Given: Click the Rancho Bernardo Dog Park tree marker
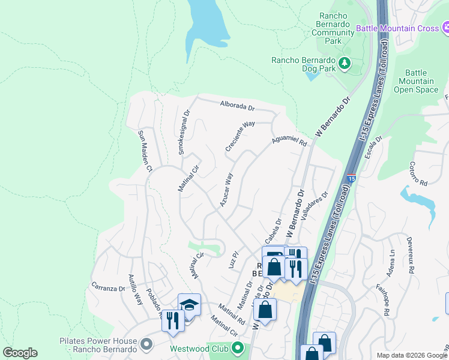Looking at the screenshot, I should (x=345, y=62).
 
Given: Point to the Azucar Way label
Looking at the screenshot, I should (x=226, y=190).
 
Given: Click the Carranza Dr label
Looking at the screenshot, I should (x=107, y=287).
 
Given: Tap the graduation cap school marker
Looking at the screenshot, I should (x=189, y=305).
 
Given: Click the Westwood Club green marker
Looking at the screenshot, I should (x=238, y=347).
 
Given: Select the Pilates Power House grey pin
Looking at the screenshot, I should (x=146, y=344).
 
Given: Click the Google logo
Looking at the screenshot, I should (x=20, y=353).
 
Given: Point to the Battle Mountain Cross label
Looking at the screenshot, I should (x=397, y=28).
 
